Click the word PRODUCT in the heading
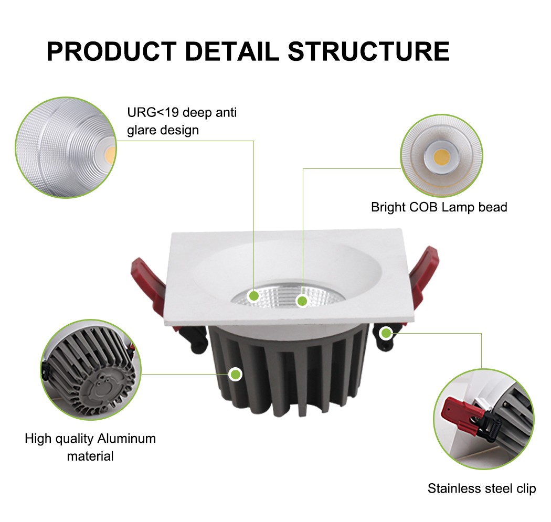(x=112, y=51)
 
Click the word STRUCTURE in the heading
(x=368, y=51)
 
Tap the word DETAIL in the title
(x=232, y=51)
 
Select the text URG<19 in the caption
(x=153, y=112)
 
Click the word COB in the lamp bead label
(x=423, y=207)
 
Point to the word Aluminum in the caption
(x=126, y=439)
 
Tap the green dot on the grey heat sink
(x=235, y=375)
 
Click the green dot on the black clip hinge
(x=386, y=333)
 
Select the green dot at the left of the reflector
(x=253, y=296)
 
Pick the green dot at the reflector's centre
(x=302, y=301)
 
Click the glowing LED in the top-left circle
(x=110, y=153)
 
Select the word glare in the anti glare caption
(x=141, y=131)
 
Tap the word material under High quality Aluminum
(x=90, y=456)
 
